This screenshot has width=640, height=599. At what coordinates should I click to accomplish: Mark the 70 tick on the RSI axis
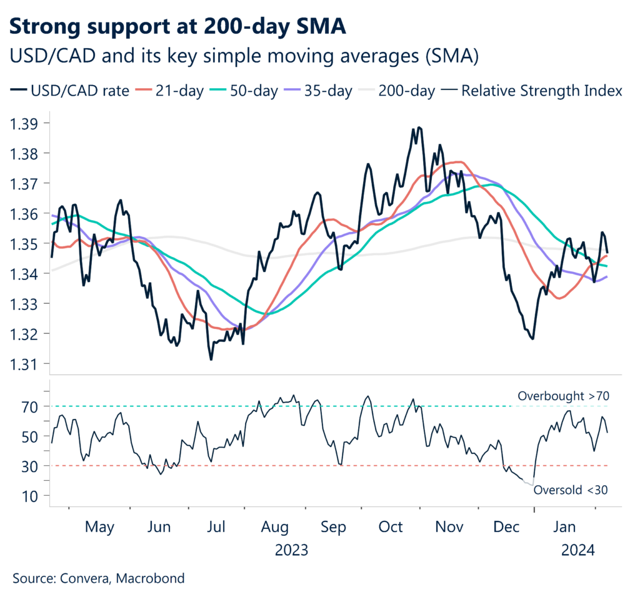pos(31,406)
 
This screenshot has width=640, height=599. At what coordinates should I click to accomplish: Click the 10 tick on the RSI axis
pos(31,496)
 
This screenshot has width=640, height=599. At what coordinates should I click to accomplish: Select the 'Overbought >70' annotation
pos(563,396)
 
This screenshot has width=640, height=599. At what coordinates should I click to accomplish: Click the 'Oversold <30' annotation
pos(571,490)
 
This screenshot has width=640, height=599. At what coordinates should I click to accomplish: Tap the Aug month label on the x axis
pos(276,528)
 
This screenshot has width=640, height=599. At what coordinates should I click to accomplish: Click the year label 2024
pos(577,551)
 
